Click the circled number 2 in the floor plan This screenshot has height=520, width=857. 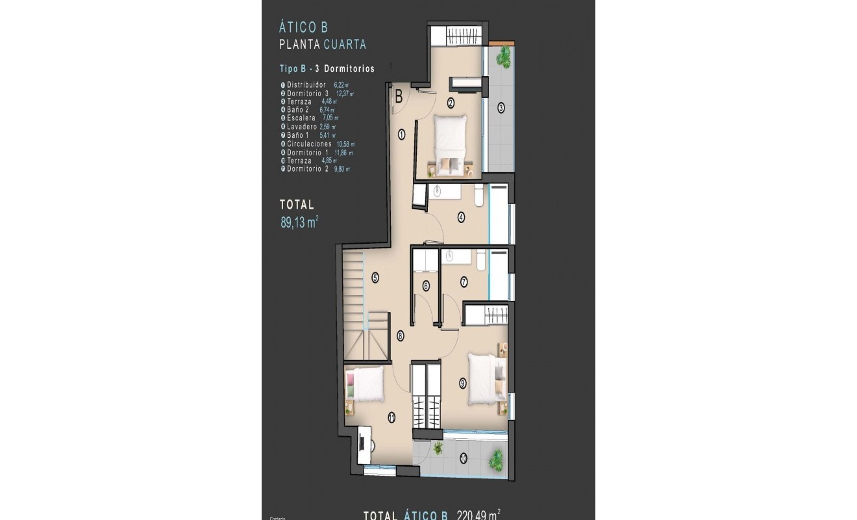451,102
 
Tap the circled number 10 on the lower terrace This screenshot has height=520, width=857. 462,458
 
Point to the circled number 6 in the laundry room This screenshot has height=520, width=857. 426,285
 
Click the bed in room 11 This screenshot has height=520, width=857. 365,384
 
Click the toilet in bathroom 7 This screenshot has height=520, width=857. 481,261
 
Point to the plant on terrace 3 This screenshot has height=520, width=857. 503,57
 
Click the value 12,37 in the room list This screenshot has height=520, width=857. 344,93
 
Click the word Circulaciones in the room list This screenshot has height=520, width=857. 309,144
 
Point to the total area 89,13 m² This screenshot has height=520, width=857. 299,222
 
